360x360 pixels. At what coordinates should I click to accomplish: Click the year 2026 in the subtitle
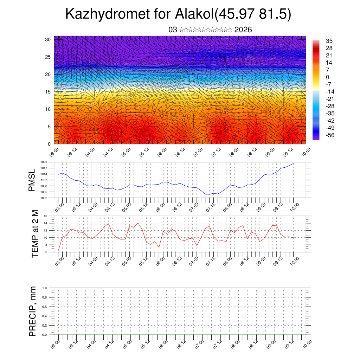click(243, 30)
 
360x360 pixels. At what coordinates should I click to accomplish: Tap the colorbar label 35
click(329, 41)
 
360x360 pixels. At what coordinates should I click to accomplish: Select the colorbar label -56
click(330, 135)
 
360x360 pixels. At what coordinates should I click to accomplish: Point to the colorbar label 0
click(328, 77)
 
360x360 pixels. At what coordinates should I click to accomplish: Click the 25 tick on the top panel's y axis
click(48, 57)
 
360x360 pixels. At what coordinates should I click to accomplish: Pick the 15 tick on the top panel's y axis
click(48, 91)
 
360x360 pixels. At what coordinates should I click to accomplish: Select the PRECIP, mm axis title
click(33, 311)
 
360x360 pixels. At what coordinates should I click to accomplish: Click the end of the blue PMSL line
click(293, 164)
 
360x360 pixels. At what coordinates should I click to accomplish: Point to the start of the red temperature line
click(58, 251)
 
